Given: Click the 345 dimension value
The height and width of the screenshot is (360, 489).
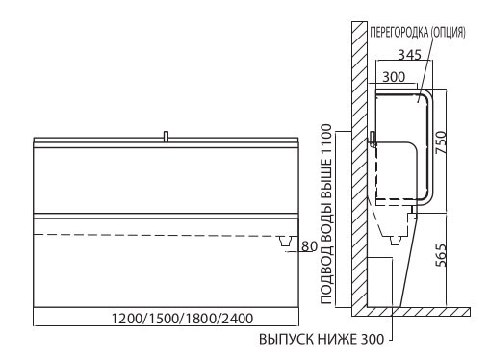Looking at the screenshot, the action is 409,55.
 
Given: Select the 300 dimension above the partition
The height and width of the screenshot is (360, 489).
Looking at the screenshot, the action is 394,77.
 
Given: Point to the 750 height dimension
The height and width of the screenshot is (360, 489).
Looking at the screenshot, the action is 441,142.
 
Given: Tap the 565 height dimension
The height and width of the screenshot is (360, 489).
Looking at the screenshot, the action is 441,255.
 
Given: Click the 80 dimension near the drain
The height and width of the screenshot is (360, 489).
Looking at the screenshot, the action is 309,246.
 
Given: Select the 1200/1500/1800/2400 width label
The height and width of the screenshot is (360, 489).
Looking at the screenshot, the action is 182,319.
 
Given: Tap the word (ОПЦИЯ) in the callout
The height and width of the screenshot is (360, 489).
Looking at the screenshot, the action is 448,33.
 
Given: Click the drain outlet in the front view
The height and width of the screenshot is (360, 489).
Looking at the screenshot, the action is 286,241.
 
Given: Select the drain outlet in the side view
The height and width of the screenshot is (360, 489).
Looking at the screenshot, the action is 396,241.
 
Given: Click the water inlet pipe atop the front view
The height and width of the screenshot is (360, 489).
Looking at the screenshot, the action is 166,136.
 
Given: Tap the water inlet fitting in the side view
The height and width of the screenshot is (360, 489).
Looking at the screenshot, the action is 373,140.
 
